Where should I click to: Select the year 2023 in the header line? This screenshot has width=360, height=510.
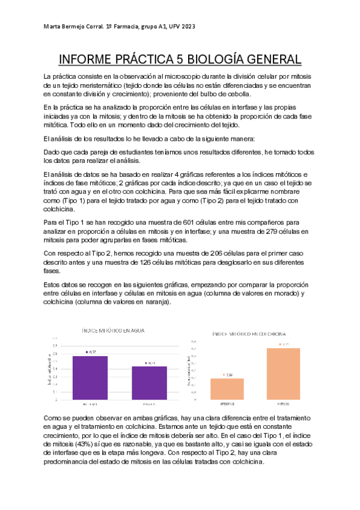[x=186, y=27]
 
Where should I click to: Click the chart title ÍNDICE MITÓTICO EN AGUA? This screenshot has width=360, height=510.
[x=113, y=331]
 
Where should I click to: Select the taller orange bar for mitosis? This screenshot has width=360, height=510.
[x=284, y=373]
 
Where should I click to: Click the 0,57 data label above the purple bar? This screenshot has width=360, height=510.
[x=93, y=352]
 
